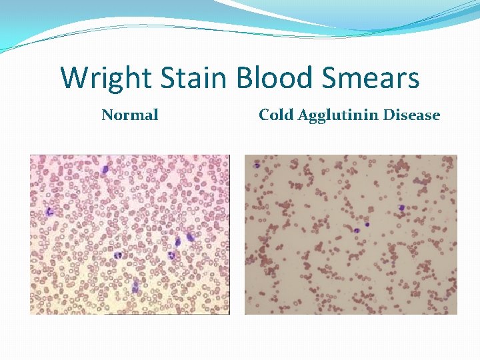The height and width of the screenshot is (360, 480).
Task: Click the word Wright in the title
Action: (x=102, y=78)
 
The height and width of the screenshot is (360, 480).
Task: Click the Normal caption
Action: (x=130, y=115)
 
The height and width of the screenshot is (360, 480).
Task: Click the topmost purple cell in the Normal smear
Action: (x=105, y=169)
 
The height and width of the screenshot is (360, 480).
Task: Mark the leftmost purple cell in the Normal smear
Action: (x=49, y=211)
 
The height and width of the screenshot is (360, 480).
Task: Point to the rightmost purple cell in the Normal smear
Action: (x=189, y=237)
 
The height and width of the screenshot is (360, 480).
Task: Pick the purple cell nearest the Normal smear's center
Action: (x=118, y=255)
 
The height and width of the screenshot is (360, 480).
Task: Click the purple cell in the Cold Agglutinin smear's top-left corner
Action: (x=256, y=165)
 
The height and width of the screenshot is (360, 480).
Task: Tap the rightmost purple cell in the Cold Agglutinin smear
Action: (x=401, y=208)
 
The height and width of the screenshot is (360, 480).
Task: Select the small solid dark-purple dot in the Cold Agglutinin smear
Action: (x=367, y=224)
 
